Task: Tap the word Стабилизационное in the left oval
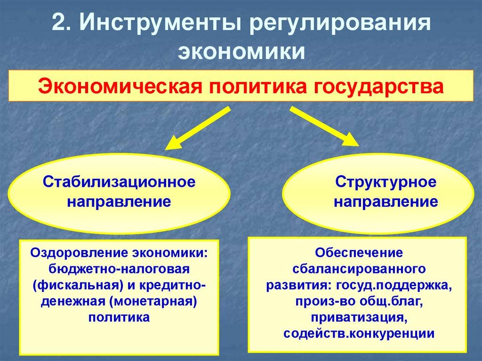pyautogui.click(x=119, y=181)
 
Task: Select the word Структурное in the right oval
pyautogui.click(x=386, y=181)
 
